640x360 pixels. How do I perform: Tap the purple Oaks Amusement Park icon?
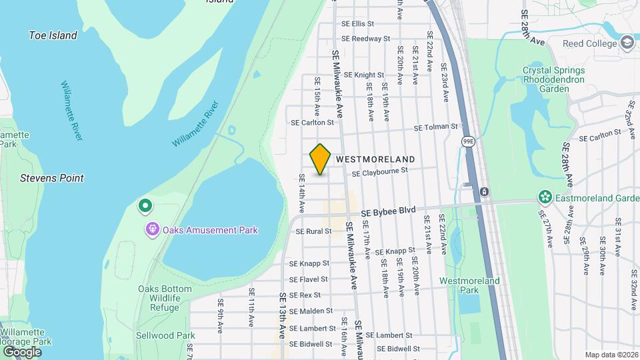tap(153, 230)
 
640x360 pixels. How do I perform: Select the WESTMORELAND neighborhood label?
tap(375, 159)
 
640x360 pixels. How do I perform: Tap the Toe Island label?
tap(53, 35)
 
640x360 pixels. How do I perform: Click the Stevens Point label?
tap(52, 178)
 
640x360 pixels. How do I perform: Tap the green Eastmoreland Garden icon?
tap(546, 197)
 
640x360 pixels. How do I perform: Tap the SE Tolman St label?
tap(436, 127)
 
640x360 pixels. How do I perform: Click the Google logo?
tap(22, 351)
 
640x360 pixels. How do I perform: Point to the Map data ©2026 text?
tap(611, 355)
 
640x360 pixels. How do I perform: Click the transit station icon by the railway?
tap(484, 192)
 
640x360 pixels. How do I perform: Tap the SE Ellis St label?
tap(358, 24)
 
